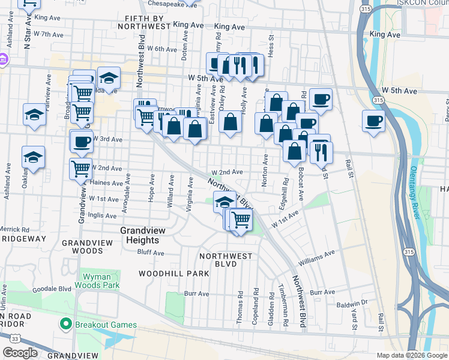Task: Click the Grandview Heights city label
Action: click(139, 235)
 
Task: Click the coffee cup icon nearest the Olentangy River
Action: click(373, 122)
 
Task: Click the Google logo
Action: click(20, 353)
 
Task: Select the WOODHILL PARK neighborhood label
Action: click(173, 273)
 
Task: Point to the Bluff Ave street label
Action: click(151, 253)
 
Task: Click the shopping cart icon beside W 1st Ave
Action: click(241, 220)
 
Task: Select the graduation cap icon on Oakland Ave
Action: click(34, 158)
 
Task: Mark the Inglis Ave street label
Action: click(103, 215)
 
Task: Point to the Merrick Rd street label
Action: click(14, 229)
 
